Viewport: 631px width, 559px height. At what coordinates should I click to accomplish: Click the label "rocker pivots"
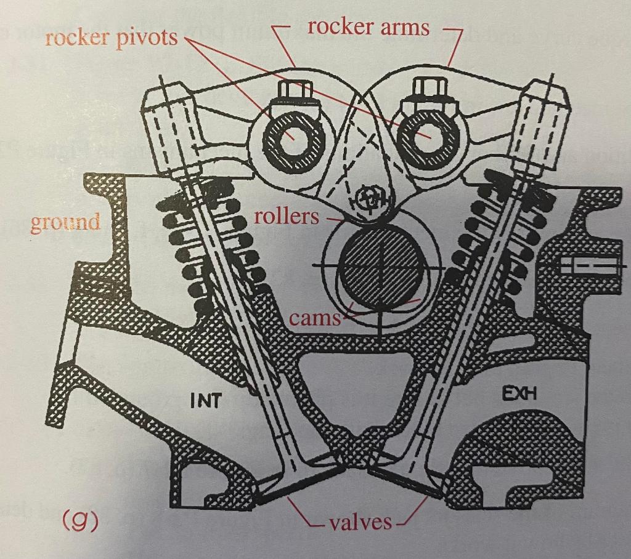tap(111, 38)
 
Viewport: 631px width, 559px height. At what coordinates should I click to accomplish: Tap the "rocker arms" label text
tap(368, 26)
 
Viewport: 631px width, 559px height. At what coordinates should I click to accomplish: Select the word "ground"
tap(65, 222)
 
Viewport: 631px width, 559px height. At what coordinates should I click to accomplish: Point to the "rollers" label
tap(287, 217)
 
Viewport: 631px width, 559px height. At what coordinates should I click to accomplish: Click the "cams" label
tap(314, 318)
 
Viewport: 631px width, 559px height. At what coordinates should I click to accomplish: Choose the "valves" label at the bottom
tap(360, 523)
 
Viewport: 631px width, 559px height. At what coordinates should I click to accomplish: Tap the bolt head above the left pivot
tap(293, 92)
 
